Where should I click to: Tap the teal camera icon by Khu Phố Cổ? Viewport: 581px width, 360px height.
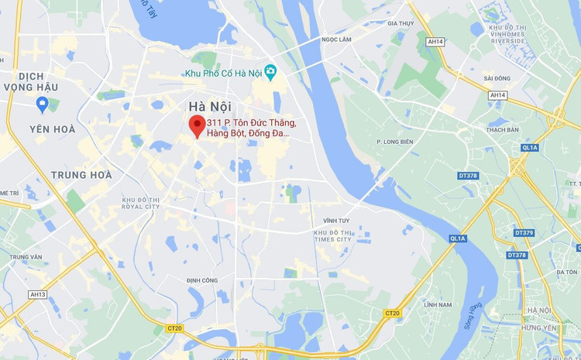point(270,72)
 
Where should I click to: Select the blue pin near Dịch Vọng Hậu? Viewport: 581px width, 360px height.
point(43,104)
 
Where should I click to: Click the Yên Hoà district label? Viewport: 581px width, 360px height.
point(52,129)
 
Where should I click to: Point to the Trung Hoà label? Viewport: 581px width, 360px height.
point(81,175)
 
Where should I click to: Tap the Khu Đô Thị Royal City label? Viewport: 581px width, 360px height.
point(140,204)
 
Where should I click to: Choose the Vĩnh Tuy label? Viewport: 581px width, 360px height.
point(336,221)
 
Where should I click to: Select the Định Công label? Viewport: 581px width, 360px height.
point(201,280)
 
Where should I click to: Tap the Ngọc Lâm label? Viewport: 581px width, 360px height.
point(336,39)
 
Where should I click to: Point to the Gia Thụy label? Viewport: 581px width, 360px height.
point(401,23)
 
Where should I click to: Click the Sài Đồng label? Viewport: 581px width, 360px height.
point(497,78)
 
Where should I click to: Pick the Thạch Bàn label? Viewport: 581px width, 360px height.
point(502,130)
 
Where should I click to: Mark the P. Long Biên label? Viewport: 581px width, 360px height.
point(394,142)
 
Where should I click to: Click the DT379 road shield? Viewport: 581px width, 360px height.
point(524,233)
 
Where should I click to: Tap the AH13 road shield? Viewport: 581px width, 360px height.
point(38,294)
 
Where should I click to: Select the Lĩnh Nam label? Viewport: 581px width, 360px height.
point(438,305)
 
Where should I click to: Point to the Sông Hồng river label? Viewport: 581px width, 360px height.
point(473,317)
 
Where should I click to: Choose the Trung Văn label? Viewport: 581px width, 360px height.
point(26,257)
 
